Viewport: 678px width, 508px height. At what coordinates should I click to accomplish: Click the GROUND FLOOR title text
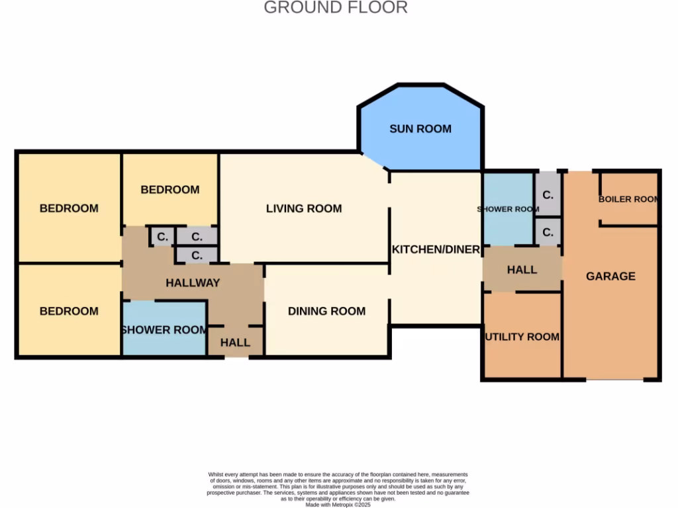pyautogui.click(x=336, y=8)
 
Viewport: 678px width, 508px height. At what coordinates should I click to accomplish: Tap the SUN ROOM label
pyautogui.click(x=420, y=129)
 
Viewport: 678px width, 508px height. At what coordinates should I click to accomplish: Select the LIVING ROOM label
pyautogui.click(x=304, y=208)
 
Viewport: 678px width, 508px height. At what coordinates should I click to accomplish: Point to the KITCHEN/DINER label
pyautogui.click(x=436, y=249)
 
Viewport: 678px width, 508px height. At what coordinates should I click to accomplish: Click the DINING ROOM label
pyautogui.click(x=326, y=311)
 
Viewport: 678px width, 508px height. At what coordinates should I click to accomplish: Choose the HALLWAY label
pyautogui.click(x=193, y=282)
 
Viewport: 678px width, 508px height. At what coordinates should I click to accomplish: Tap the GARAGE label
pyautogui.click(x=610, y=276)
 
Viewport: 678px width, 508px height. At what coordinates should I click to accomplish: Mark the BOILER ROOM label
pyautogui.click(x=628, y=199)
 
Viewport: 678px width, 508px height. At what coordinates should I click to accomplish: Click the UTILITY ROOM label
pyautogui.click(x=522, y=337)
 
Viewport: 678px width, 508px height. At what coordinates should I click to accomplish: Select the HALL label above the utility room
pyautogui.click(x=522, y=270)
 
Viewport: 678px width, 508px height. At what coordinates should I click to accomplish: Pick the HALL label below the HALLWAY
pyautogui.click(x=235, y=342)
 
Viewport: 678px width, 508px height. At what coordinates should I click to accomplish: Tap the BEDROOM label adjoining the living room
pyautogui.click(x=170, y=190)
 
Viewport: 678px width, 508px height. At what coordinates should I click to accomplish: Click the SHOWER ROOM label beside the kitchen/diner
pyautogui.click(x=508, y=209)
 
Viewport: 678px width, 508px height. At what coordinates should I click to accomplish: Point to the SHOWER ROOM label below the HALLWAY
pyautogui.click(x=164, y=329)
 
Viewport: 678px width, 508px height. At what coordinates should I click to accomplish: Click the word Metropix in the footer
pyautogui.click(x=343, y=504)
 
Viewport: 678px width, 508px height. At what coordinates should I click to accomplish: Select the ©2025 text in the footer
pyautogui.click(x=363, y=504)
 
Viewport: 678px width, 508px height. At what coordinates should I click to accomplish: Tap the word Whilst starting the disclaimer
pyautogui.click(x=217, y=474)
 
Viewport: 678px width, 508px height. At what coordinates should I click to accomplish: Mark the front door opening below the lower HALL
pyautogui.click(x=236, y=357)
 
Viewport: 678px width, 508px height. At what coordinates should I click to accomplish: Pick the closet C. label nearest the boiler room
pyautogui.click(x=548, y=196)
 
